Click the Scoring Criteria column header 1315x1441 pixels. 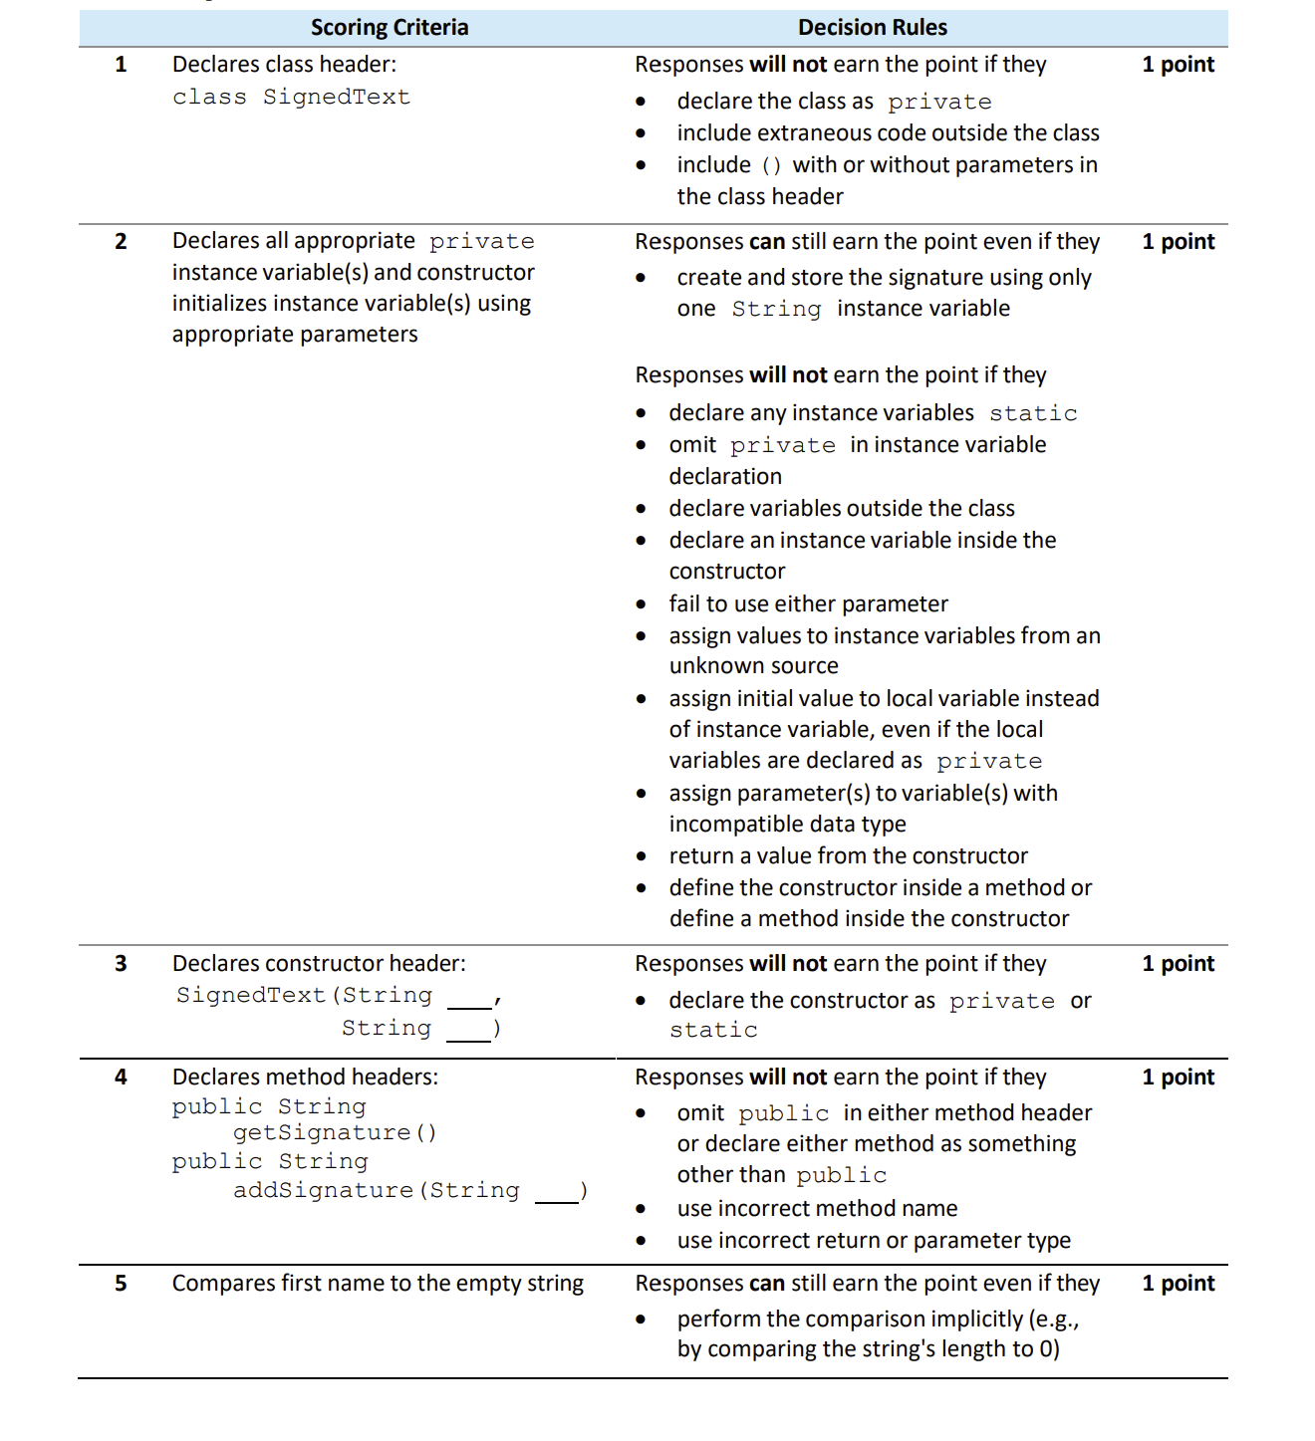click(389, 28)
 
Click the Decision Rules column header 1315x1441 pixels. click(872, 28)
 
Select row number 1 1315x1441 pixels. click(121, 65)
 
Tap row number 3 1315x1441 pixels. click(121, 963)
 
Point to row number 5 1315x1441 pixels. click(121, 1283)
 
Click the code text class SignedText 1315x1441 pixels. click(291, 98)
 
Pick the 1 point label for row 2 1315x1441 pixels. click(1178, 242)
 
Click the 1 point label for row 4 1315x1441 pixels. click(1178, 1077)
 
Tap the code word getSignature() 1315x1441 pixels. click(335, 1133)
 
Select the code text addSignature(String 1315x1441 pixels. click(377, 1191)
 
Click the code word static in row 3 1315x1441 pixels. click(713, 1031)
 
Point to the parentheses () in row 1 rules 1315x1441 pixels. click(771, 166)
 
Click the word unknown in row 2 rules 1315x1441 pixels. click(712, 665)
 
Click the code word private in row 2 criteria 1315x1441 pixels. click(482, 242)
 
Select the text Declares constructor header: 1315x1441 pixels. click(319, 963)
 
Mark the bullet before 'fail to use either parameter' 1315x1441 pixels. click(641, 604)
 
